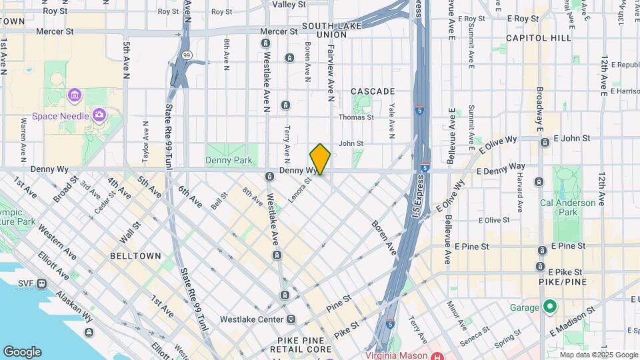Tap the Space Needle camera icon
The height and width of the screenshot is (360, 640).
click(99, 115)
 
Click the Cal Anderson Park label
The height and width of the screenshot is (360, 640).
click(567, 207)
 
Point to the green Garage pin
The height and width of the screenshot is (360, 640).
click(549, 307)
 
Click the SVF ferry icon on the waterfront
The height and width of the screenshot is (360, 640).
click(42, 283)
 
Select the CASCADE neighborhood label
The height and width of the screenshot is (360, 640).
click(373, 91)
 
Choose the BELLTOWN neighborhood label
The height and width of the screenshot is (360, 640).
click(136, 255)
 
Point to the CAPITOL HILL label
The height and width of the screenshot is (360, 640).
click(539, 38)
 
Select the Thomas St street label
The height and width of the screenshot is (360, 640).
click(356, 117)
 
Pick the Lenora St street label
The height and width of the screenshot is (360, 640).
click(300, 189)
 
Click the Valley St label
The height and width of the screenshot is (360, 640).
click(289, 4)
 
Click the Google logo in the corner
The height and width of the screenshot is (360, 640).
click(22, 352)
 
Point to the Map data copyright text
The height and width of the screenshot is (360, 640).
click(599, 355)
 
